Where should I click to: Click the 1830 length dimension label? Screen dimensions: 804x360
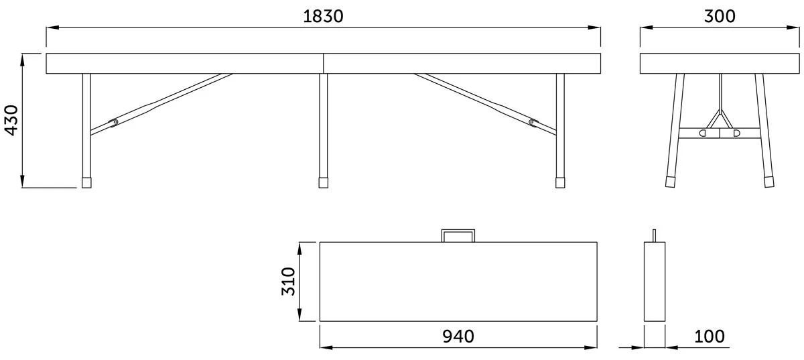tap(323, 17)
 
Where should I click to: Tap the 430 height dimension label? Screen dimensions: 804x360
tap(11, 121)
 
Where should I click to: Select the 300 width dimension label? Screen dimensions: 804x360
tap(720, 17)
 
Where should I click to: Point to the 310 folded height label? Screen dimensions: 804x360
tap(288, 282)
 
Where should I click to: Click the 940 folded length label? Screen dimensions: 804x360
tap(458, 337)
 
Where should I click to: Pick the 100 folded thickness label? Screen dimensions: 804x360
tap(710, 337)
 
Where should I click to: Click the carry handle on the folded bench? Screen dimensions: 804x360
tap(458, 231)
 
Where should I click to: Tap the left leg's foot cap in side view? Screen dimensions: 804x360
tap(86, 182)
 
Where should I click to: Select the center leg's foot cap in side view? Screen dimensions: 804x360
tap(324, 182)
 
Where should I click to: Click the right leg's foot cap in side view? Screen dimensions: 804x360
tap(560, 182)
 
